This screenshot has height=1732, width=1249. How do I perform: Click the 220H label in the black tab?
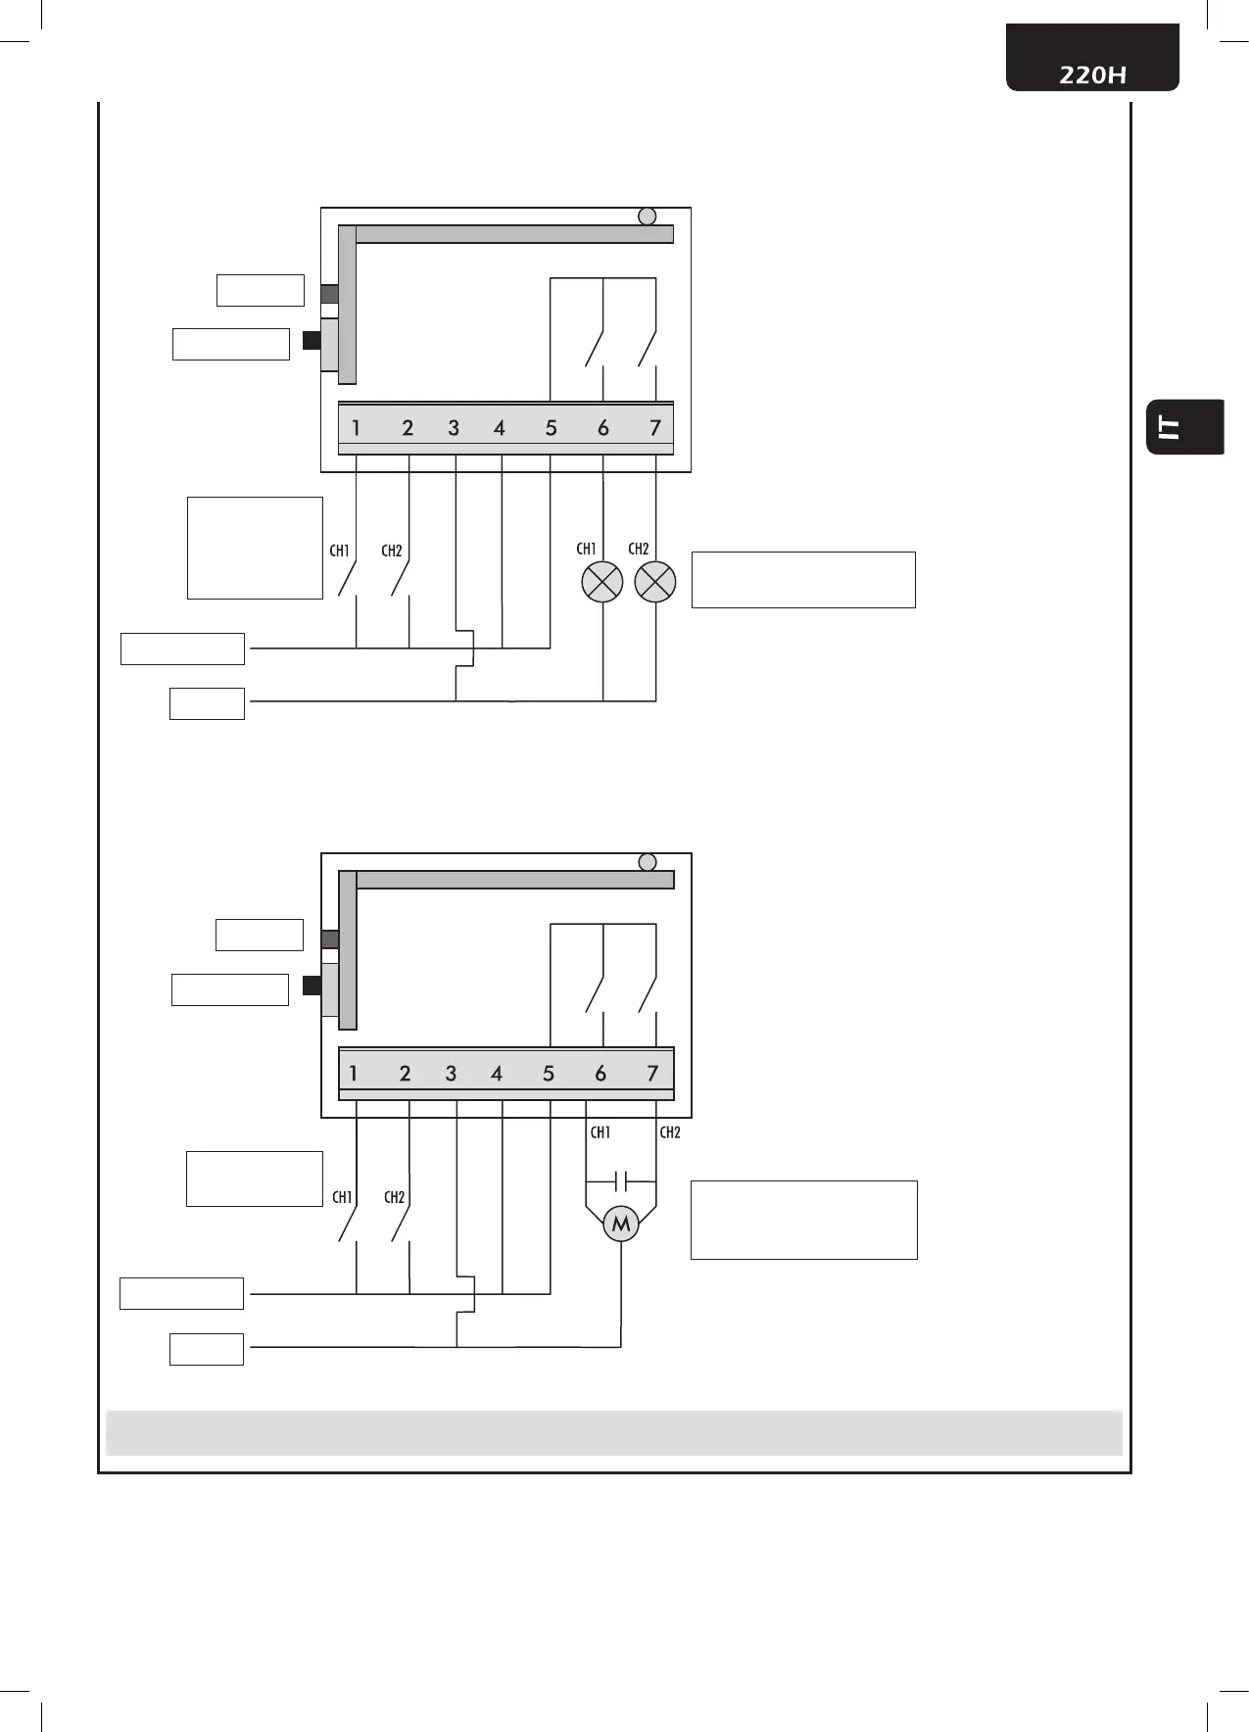point(1092,74)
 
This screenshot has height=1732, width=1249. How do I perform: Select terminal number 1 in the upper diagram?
point(356,427)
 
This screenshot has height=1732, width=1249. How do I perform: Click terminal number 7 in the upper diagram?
point(655,427)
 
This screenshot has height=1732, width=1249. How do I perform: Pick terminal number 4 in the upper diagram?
point(500,427)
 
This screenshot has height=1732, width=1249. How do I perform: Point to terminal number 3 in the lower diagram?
point(451,1074)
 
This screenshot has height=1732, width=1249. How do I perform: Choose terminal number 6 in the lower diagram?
point(600,1074)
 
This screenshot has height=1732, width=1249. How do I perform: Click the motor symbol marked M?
point(621,1224)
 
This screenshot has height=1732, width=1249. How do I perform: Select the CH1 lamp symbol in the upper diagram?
point(602,582)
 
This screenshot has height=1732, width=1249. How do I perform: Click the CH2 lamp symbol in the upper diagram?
point(655,582)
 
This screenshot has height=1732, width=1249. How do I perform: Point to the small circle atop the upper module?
point(648,216)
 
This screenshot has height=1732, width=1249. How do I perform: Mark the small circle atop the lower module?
point(648,862)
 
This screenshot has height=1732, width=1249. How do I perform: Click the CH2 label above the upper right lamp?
point(639,549)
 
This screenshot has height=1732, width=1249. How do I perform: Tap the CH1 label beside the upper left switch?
point(340,551)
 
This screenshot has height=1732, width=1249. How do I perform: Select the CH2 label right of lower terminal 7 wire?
point(670,1132)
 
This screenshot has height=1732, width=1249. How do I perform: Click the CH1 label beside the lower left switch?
point(342,1197)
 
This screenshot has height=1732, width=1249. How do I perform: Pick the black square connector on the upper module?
point(312,341)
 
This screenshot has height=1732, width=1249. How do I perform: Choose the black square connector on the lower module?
point(312,986)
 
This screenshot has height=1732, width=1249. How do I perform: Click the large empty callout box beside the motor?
point(803,1220)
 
